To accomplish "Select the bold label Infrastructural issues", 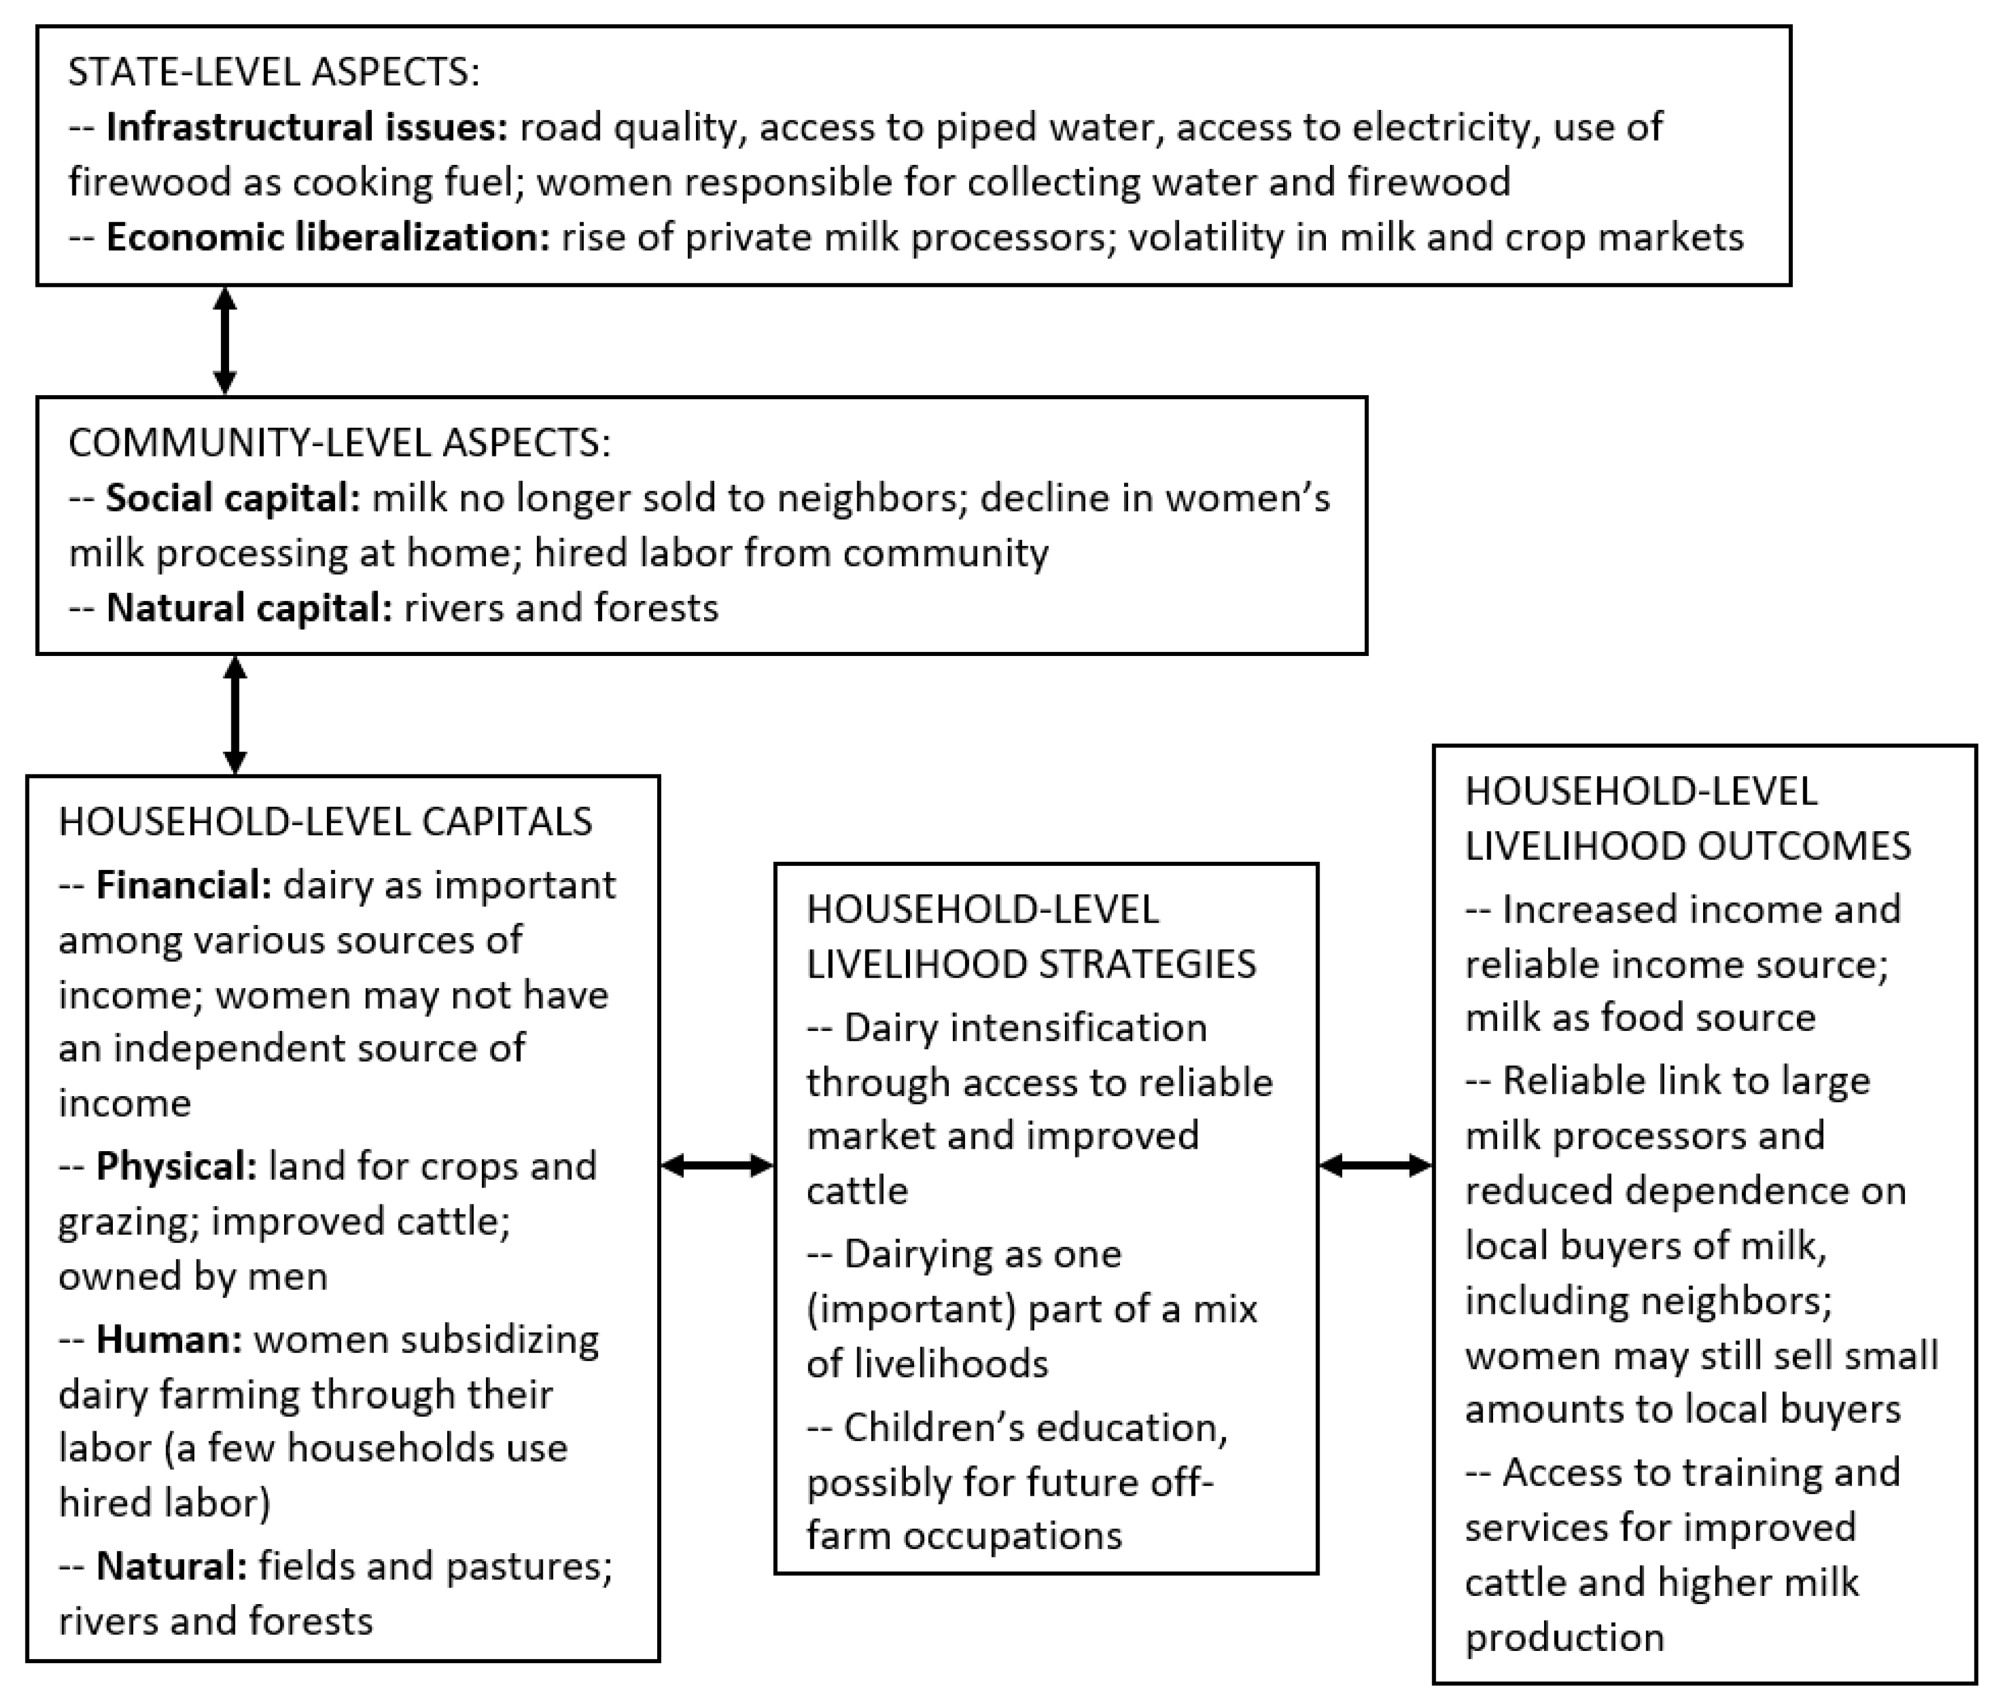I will tap(307, 127).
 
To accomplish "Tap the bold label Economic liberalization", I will tap(327, 237).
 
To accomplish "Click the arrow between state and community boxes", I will tap(224, 340).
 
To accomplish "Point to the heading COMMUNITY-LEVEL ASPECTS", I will tap(339, 443).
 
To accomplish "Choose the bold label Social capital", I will tap(233, 498).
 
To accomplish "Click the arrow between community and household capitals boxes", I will tap(235, 714).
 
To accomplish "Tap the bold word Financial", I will tap(184, 884).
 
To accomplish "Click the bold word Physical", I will tap(176, 1166).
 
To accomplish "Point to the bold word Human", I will tap(169, 1340).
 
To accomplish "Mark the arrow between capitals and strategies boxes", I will tap(717, 1166).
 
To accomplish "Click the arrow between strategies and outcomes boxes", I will tap(1375, 1166).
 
